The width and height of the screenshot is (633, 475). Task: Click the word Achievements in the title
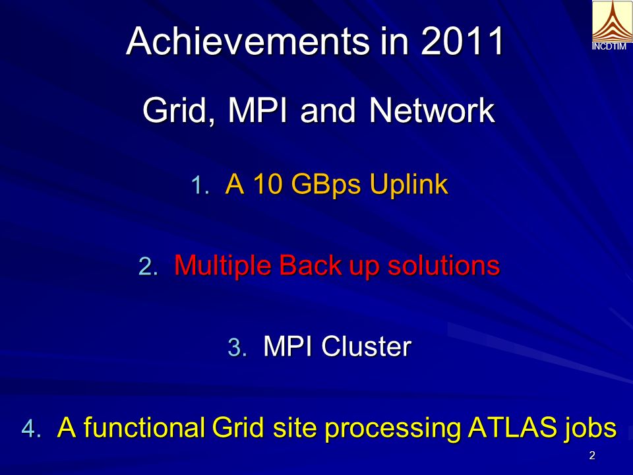(248, 41)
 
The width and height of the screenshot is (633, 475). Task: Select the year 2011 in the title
(462, 41)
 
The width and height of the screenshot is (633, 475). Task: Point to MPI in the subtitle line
(258, 110)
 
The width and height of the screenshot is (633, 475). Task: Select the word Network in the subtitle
(432, 110)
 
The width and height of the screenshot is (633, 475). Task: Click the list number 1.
(200, 185)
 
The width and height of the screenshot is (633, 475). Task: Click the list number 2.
(148, 267)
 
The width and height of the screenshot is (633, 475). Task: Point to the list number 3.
(237, 348)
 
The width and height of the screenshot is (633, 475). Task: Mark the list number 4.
(32, 428)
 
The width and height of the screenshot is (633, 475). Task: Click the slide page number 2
(592, 456)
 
